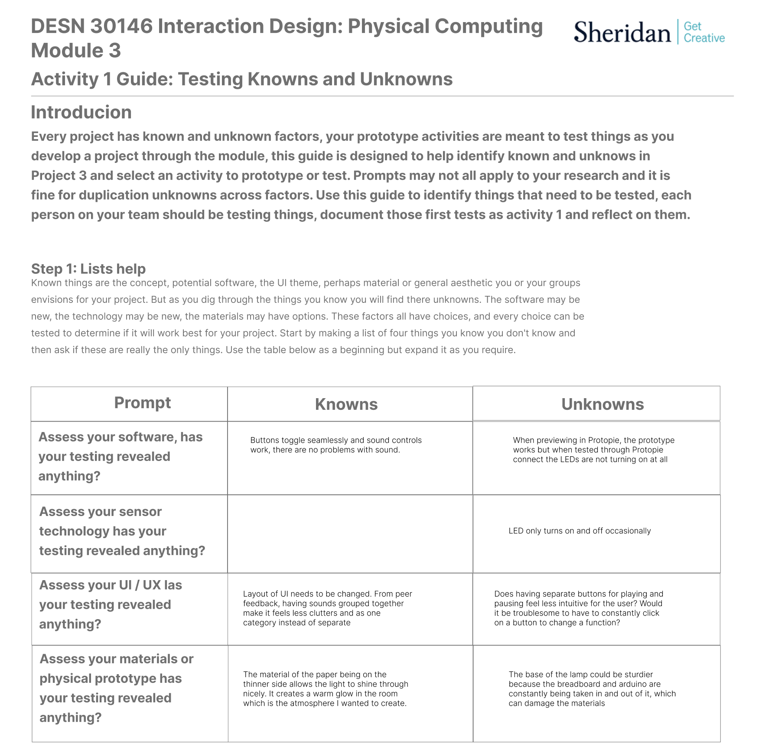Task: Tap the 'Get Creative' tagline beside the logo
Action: (x=703, y=32)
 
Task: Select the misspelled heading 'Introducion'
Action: (x=81, y=112)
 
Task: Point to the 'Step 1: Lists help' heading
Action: (x=88, y=269)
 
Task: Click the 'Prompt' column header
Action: (x=142, y=403)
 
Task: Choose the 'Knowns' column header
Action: (x=346, y=404)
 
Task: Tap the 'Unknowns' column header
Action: (x=602, y=404)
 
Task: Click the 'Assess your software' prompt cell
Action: (x=120, y=456)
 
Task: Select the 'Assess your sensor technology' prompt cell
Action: (x=122, y=531)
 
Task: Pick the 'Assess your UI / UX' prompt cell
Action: (x=111, y=604)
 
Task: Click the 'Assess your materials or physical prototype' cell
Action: (x=116, y=688)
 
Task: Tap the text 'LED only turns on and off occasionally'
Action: (x=580, y=531)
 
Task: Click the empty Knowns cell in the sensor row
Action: (x=350, y=534)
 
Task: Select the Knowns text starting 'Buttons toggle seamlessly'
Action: (x=335, y=445)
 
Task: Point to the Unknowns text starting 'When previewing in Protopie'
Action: (x=593, y=450)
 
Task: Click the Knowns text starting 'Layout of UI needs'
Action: (x=327, y=608)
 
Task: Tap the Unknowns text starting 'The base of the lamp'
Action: (x=592, y=688)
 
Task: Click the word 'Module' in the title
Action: (x=65, y=51)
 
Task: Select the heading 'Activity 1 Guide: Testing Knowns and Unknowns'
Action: (x=242, y=79)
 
